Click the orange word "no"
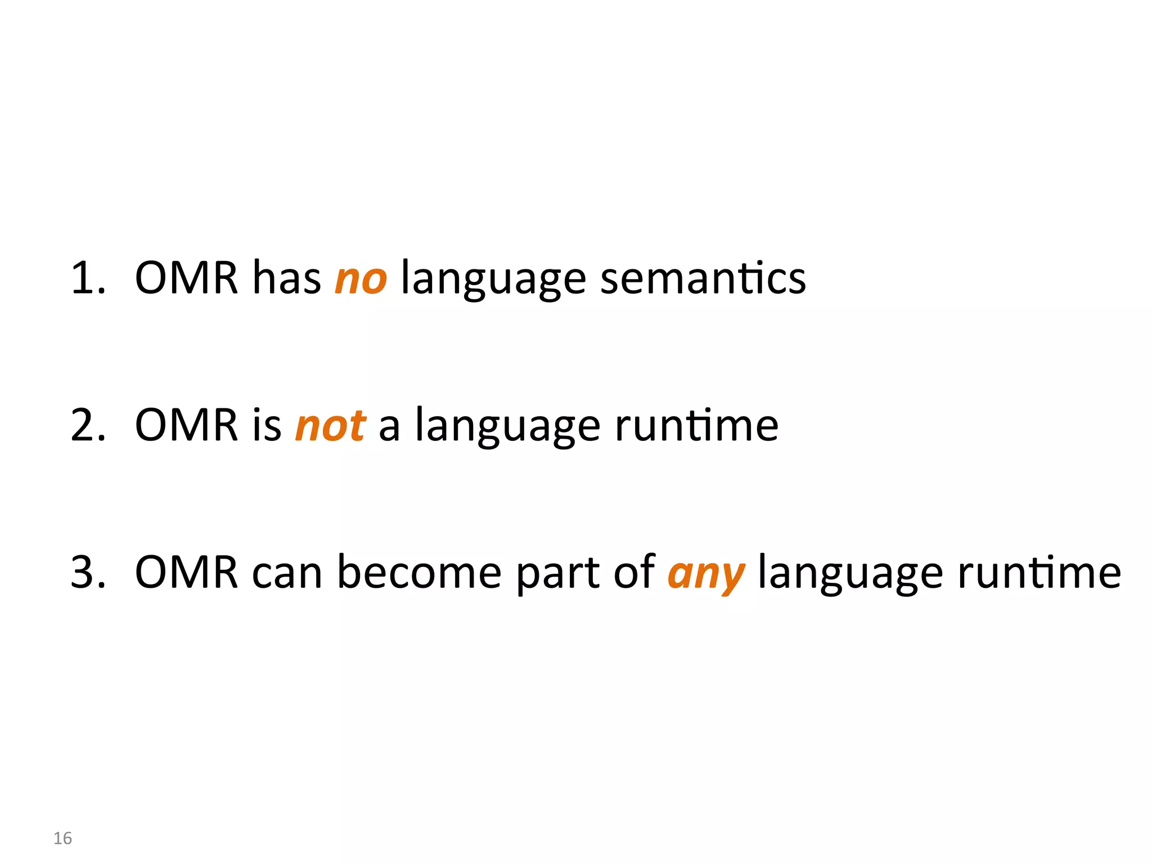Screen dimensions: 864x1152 click(361, 278)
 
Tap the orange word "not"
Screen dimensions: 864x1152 click(331, 426)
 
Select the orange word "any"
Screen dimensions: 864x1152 click(706, 574)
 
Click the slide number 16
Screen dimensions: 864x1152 click(62, 838)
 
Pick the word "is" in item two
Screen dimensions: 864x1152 click(267, 425)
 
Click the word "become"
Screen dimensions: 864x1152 click(419, 573)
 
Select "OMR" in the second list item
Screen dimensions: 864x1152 click(187, 425)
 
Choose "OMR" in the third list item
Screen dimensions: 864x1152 click(187, 573)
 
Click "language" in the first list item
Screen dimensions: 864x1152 click(493, 280)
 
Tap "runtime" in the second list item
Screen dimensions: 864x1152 click(696, 426)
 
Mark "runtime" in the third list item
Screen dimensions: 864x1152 click(1039, 573)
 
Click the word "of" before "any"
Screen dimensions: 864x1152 click(634, 573)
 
